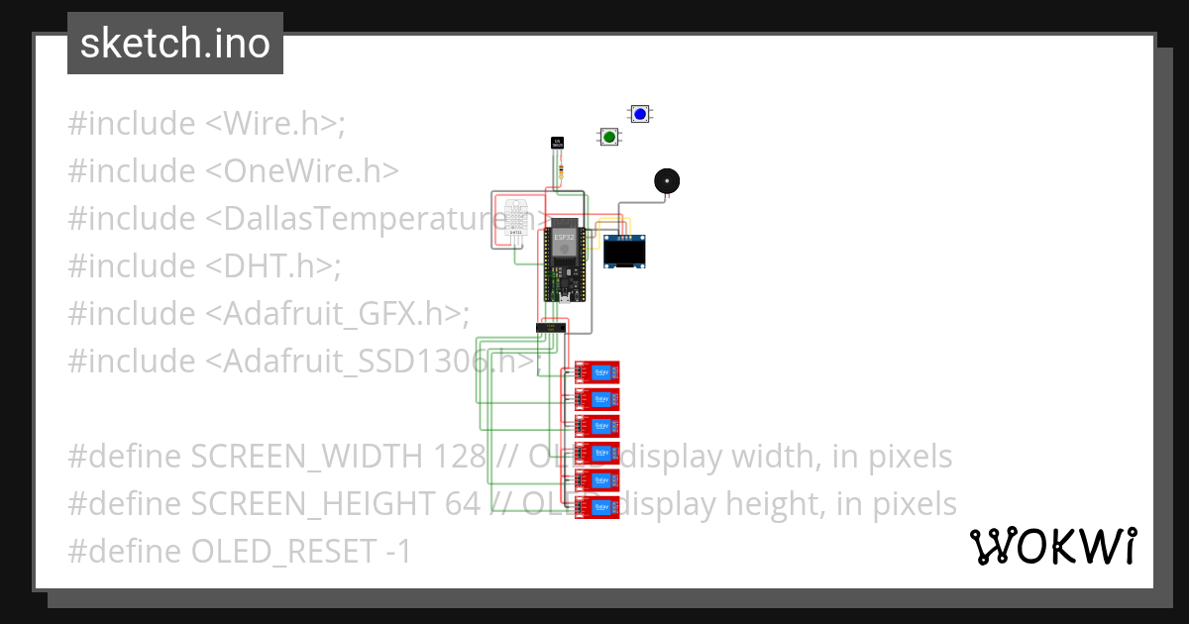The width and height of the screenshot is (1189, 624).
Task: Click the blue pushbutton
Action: (640, 115)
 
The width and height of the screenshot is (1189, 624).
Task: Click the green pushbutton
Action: (608, 137)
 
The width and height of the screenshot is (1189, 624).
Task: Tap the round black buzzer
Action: (667, 181)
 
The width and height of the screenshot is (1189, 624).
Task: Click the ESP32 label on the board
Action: (563, 237)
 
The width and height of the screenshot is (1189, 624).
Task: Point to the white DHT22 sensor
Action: (516, 220)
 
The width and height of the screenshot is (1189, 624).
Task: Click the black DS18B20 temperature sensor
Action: (557, 144)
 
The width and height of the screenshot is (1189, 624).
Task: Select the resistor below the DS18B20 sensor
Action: (562, 172)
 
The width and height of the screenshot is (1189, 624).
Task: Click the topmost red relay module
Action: (597, 372)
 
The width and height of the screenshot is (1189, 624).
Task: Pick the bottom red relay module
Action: (597, 507)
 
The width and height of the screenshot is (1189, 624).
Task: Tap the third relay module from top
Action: (597, 427)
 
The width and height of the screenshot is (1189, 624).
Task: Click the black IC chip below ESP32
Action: (551, 327)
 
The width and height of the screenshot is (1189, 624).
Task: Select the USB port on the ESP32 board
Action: (563, 298)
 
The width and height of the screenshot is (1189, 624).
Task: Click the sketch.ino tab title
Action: (175, 44)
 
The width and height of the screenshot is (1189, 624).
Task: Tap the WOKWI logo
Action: (1052, 547)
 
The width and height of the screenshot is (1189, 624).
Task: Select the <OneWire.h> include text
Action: (302, 171)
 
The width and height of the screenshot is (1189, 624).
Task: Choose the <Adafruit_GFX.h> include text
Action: (334, 314)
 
